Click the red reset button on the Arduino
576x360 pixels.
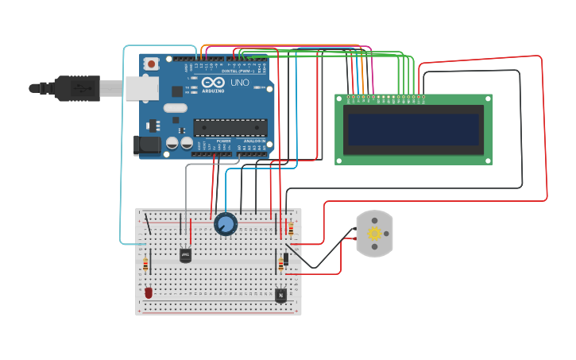151,62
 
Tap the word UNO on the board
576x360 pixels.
239,83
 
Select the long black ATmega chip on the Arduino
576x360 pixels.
230,126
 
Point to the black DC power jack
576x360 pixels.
146,145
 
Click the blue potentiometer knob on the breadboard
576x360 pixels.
226,224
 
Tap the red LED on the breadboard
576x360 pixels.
149,292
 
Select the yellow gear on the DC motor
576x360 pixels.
374,234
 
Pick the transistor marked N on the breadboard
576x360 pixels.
280,295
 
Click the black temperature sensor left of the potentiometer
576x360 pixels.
185,255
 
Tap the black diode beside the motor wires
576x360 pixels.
286,258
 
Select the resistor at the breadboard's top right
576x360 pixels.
291,229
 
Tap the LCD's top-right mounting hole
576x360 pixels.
487,99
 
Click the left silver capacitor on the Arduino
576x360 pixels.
172,143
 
